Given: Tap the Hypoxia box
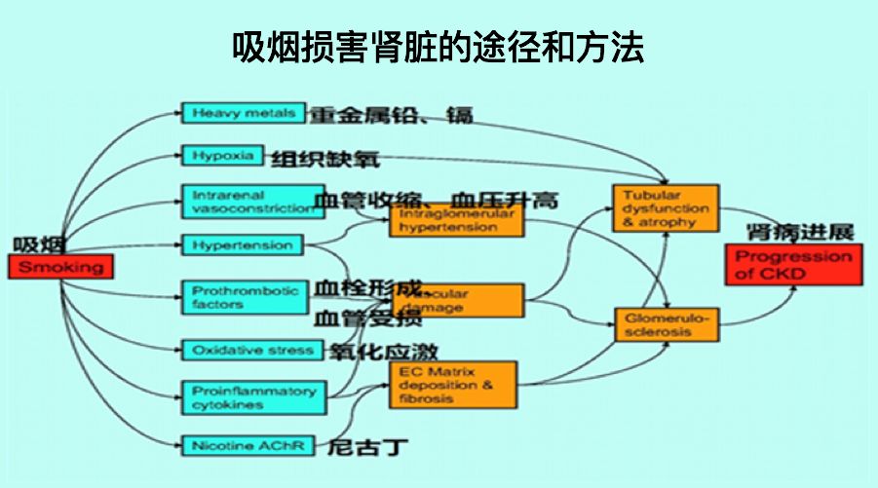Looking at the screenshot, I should [x=223, y=156].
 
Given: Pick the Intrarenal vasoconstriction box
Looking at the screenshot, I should [x=252, y=202].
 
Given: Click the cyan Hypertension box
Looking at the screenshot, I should [x=243, y=245].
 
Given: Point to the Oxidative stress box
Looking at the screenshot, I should [x=252, y=350].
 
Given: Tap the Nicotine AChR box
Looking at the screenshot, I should [x=248, y=446].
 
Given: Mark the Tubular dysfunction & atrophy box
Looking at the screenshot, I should [x=666, y=209].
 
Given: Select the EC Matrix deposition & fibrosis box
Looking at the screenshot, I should [x=453, y=386].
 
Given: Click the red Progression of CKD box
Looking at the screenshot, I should [x=793, y=264].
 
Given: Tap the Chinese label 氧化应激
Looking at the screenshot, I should [x=382, y=352].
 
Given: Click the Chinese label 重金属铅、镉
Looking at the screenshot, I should [x=393, y=115].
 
